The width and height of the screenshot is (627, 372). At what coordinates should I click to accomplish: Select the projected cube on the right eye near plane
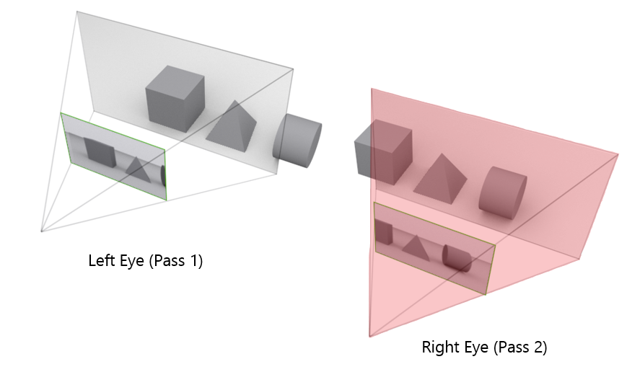coord(384,233)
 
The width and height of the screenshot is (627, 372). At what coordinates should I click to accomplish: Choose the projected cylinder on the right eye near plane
coord(457,258)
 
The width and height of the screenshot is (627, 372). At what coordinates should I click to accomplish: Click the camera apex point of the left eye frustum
coord(42,231)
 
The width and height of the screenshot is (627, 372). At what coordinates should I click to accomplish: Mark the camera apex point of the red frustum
coord(369,336)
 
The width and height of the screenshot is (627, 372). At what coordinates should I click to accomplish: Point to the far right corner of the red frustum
coord(618,154)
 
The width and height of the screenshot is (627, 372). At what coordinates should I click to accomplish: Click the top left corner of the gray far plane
coord(76,12)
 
